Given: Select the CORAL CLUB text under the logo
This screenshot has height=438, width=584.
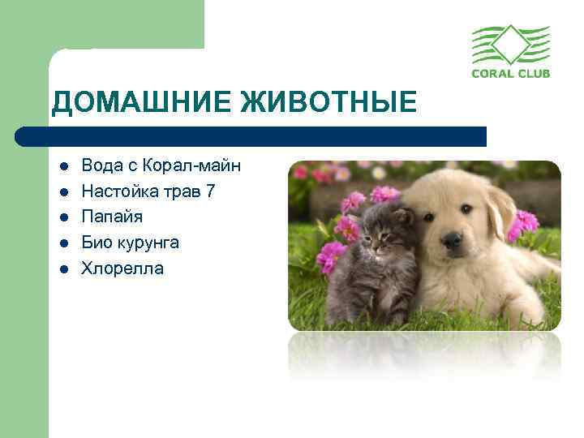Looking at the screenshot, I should pyautogui.click(x=511, y=73).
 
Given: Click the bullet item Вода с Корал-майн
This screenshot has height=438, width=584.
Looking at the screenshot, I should pyautogui.click(x=161, y=165).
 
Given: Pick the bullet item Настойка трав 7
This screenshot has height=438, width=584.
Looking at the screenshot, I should pyautogui.click(x=148, y=191).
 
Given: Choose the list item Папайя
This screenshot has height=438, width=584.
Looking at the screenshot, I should pyautogui.click(x=112, y=217).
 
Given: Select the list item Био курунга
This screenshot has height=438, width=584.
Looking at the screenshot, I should pyautogui.click(x=130, y=243).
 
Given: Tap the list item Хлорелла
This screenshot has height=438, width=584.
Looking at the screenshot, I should pyautogui.click(x=122, y=268).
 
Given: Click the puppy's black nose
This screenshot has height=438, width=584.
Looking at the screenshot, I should pyautogui.click(x=453, y=240).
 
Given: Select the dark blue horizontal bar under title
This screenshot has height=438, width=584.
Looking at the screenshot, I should pyautogui.click(x=251, y=135).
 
